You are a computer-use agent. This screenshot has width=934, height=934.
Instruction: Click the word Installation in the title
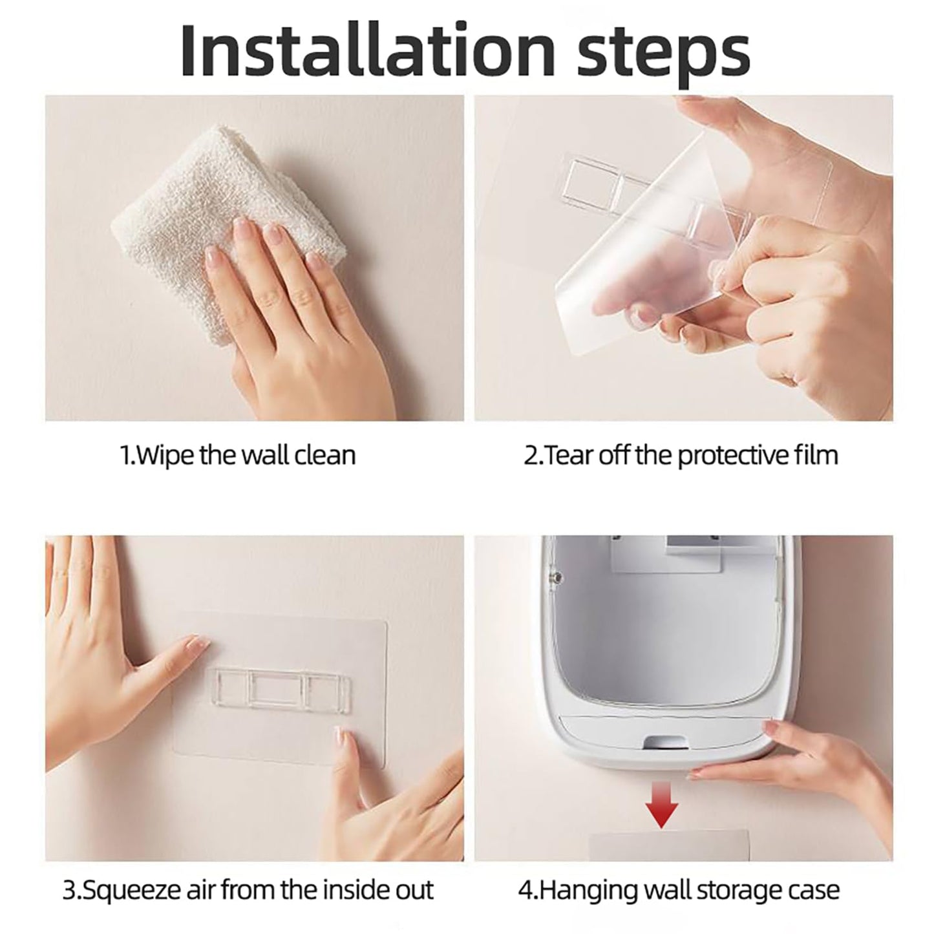click(x=367, y=50)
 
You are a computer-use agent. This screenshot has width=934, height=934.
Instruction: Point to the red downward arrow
click(x=662, y=797)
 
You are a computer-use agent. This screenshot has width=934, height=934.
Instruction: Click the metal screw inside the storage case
click(x=557, y=577)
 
